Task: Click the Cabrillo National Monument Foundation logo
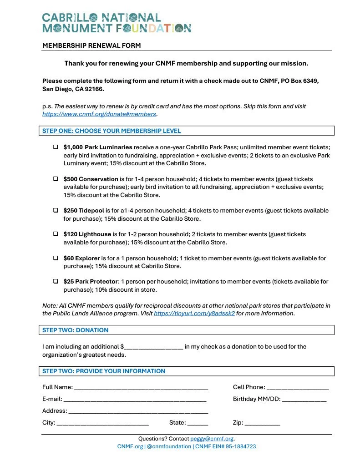pos(117,23)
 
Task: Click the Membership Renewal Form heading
pos(91,46)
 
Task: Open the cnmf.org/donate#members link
pos(99,114)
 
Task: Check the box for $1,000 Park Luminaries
pos(56,147)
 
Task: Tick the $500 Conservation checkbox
pos(56,179)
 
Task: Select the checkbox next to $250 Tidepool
pos(56,211)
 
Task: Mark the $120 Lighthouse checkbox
pos(56,234)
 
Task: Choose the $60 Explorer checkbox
pos(56,258)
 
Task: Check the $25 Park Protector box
pos(56,282)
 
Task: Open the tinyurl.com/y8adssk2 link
pos(194,314)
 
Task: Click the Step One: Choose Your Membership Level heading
pos(112,131)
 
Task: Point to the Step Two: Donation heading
pos(76,330)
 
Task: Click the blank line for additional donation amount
pos(153,347)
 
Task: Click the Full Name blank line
pos(141,388)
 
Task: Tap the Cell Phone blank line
pos(298,388)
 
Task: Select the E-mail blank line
pos(135,400)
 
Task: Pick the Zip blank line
pos(262,423)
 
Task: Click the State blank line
pos(198,423)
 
